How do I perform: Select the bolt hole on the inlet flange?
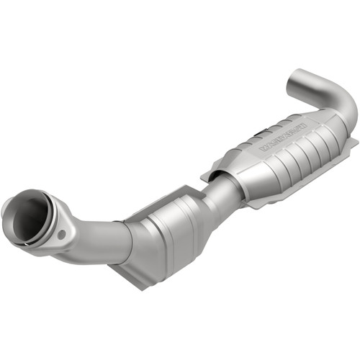[x=62, y=233]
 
